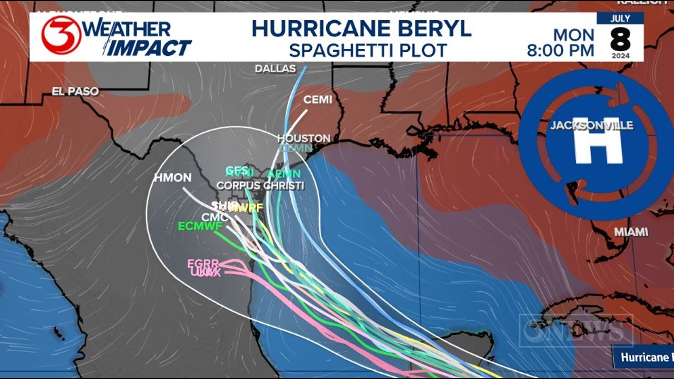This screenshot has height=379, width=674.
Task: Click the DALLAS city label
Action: point(275,68)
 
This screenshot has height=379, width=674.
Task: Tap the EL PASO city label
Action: point(75,91)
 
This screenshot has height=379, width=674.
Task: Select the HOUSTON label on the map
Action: point(304,138)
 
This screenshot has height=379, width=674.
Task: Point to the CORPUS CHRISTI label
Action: point(260,186)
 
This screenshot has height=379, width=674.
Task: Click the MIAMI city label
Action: point(631,232)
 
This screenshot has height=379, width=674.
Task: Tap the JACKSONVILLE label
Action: point(592,125)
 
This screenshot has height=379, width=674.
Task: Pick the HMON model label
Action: point(173,178)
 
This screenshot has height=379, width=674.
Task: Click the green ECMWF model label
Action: point(200,226)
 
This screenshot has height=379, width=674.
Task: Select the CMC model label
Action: point(214,217)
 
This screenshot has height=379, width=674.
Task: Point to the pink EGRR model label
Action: point(203,264)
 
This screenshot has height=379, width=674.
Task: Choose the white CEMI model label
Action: point(317,100)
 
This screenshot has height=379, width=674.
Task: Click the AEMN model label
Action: point(284,174)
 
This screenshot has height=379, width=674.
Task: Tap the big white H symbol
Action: point(598,140)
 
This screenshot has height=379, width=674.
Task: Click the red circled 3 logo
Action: point(61,35)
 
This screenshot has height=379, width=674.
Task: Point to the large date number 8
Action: point(620,40)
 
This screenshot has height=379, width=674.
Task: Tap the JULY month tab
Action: point(620,18)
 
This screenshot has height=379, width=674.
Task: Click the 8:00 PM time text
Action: point(560,51)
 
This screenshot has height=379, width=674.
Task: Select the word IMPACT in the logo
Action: point(149,48)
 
